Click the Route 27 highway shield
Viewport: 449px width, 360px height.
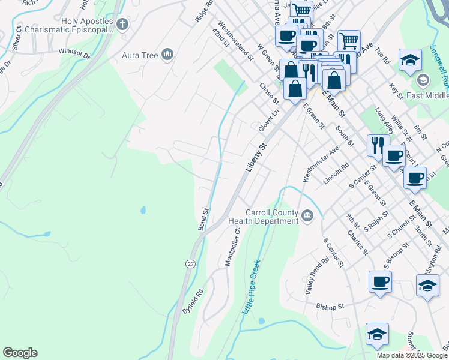190,264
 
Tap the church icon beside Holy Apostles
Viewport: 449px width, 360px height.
122,25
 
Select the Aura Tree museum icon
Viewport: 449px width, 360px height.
167,56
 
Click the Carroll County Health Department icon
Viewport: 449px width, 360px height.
307,215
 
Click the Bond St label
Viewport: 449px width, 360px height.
203,220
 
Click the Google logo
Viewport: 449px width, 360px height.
20,353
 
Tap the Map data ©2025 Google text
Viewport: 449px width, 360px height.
412,355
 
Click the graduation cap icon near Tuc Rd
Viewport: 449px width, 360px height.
410,61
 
